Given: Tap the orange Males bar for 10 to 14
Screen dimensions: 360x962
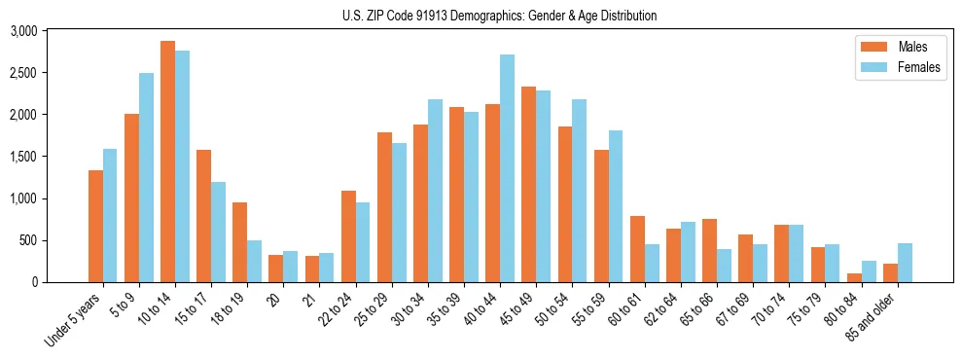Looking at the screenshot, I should coord(167,162).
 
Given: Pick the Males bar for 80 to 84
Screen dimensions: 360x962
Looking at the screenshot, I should coord(854,277).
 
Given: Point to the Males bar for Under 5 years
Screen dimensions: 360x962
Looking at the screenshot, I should coord(95,226).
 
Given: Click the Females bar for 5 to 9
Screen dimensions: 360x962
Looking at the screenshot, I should coord(146,177).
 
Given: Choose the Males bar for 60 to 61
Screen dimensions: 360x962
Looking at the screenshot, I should coord(637,249).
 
